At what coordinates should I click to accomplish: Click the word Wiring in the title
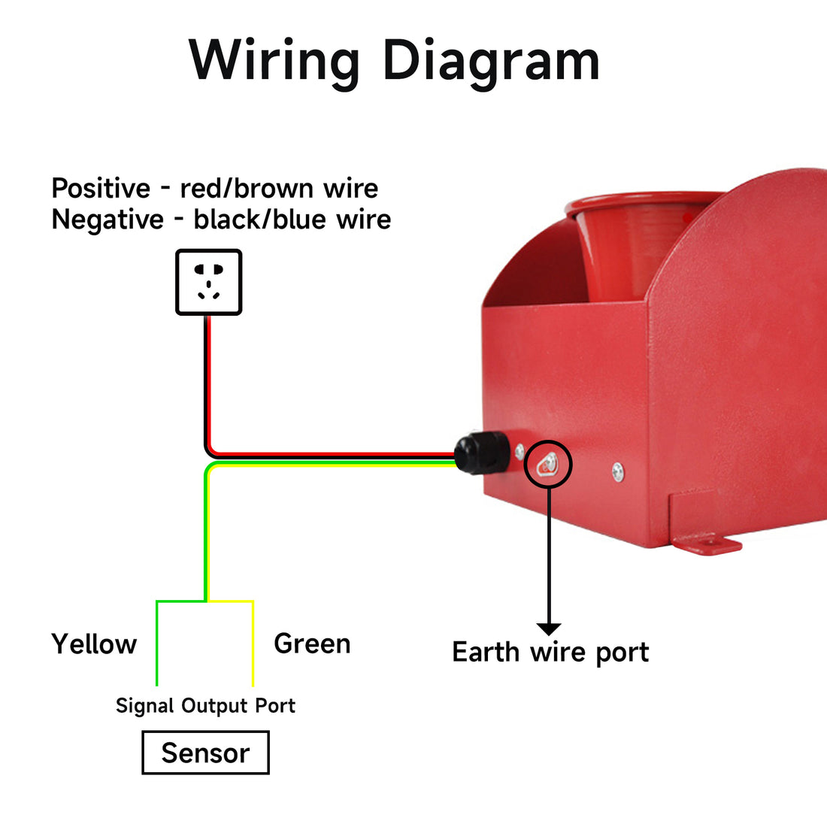tap(274, 62)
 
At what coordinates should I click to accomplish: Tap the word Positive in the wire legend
tap(101, 188)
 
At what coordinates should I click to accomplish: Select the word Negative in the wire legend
tap(108, 220)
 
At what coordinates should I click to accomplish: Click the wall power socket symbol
tap(209, 282)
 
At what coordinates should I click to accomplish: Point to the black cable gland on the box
tap(481, 453)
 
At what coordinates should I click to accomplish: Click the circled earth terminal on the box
tap(548, 464)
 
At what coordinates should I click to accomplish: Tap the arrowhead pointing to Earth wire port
tap(549, 629)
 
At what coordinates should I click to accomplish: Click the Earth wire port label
tap(550, 653)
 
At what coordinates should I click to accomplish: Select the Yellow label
tap(94, 644)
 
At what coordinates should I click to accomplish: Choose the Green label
tap(312, 644)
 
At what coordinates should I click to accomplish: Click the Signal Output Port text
tap(205, 706)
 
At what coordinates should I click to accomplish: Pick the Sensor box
tap(206, 753)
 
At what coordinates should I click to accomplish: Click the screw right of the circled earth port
tap(618, 472)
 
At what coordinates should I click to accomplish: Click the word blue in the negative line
tap(298, 220)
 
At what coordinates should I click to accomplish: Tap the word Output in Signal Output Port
tap(215, 706)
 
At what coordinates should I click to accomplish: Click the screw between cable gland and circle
tap(520, 452)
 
